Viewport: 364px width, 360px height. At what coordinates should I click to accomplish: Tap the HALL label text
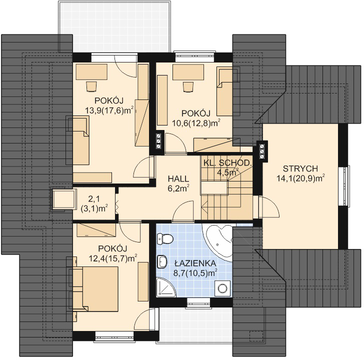178,178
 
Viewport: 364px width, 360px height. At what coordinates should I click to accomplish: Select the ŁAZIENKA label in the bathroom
195,263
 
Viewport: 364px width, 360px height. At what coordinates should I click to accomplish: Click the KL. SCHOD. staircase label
227,162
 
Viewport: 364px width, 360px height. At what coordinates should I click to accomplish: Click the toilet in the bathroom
165,239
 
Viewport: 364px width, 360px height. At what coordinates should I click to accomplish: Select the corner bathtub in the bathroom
218,242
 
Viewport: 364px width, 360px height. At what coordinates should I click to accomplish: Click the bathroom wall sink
162,261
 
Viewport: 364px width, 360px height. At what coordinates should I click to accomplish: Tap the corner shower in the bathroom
166,287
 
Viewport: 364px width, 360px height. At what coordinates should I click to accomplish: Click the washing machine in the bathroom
222,288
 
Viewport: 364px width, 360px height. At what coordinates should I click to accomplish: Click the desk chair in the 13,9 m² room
91,86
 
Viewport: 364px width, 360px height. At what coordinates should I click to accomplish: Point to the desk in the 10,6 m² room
188,72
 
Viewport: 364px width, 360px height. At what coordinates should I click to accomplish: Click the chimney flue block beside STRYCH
262,151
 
